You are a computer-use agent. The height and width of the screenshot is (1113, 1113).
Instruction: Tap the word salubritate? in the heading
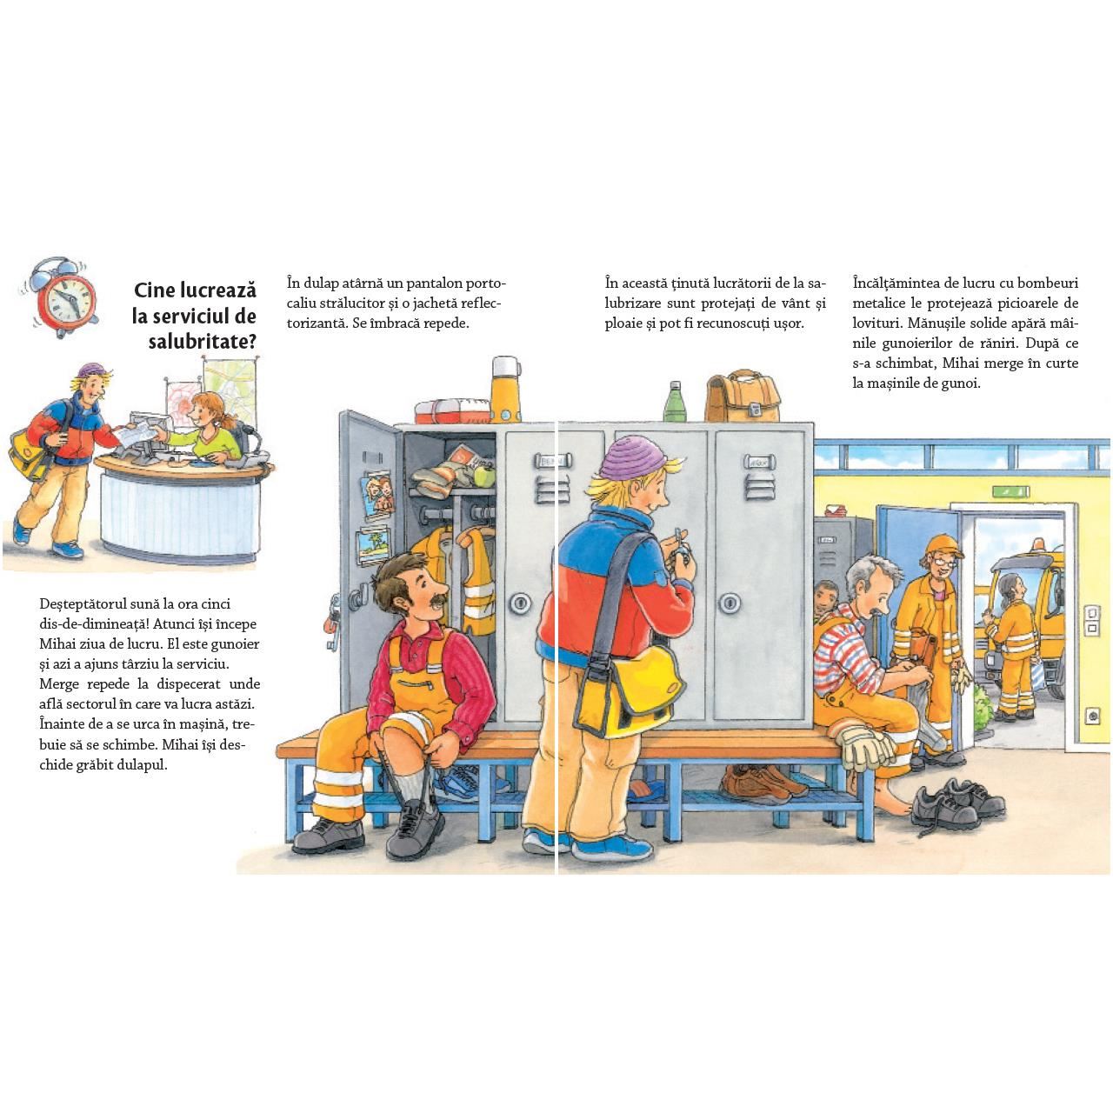tap(202, 342)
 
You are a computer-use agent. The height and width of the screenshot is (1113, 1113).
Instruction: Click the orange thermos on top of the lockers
tap(505, 389)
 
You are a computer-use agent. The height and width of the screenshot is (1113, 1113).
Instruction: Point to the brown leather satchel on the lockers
tap(743, 397)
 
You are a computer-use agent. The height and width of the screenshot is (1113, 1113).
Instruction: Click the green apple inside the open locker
tap(484, 477)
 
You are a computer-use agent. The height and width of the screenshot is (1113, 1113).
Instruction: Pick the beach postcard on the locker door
tap(373, 545)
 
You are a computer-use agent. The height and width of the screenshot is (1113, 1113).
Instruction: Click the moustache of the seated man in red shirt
tap(438, 599)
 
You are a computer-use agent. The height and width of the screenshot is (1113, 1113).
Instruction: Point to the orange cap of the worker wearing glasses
tap(943, 544)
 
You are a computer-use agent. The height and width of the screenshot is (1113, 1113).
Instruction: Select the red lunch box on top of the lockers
tap(451, 410)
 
